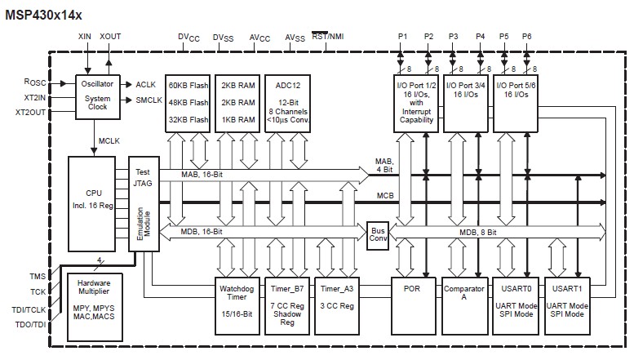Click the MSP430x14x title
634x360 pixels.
pyautogui.click(x=42, y=12)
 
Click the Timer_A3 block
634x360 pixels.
pyautogui.click(x=337, y=303)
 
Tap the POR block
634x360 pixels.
pyautogui.click(x=411, y=303)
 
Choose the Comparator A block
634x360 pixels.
pyautogui.click(x=463, y=303)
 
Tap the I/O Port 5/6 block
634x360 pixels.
pyautogui.click(x=517, y=102)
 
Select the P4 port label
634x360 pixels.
pyautogui.click(x=480, y=37)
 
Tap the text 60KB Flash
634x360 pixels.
pyautogui.click(x=188, y=86)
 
